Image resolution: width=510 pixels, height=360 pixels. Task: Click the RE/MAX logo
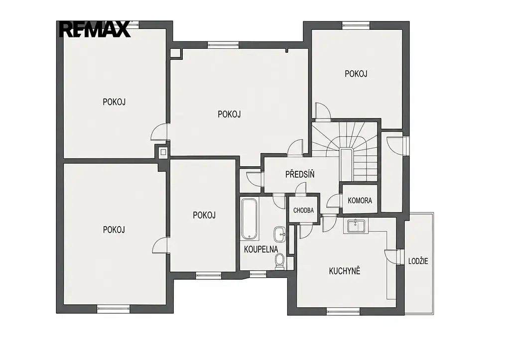[95, 29]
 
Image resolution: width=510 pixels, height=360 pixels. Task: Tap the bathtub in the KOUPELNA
[250, 219]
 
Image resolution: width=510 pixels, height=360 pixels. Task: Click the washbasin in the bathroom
[280, 234]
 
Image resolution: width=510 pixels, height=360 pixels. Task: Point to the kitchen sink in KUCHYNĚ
[356, 226]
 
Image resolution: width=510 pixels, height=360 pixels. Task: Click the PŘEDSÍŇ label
[300, 175]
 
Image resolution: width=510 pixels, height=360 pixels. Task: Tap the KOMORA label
[360, 200]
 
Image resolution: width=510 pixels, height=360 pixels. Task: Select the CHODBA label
[303, 211]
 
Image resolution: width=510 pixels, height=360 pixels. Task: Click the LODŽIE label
[418, 261]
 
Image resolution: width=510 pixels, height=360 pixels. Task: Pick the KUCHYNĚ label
[345, 271]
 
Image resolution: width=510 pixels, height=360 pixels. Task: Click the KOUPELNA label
[261, 249]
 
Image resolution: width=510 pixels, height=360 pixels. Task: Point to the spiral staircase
[345, 151]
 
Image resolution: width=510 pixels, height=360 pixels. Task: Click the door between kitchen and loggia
[391, 255]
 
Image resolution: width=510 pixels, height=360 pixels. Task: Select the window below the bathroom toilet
[257, 274]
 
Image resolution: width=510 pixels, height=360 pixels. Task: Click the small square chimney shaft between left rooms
[163, 152]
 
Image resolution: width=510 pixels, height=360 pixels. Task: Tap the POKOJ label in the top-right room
[356, 74]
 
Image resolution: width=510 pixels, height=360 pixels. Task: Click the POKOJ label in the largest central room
[229, 115]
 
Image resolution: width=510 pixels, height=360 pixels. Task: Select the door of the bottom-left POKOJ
[160, 245]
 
